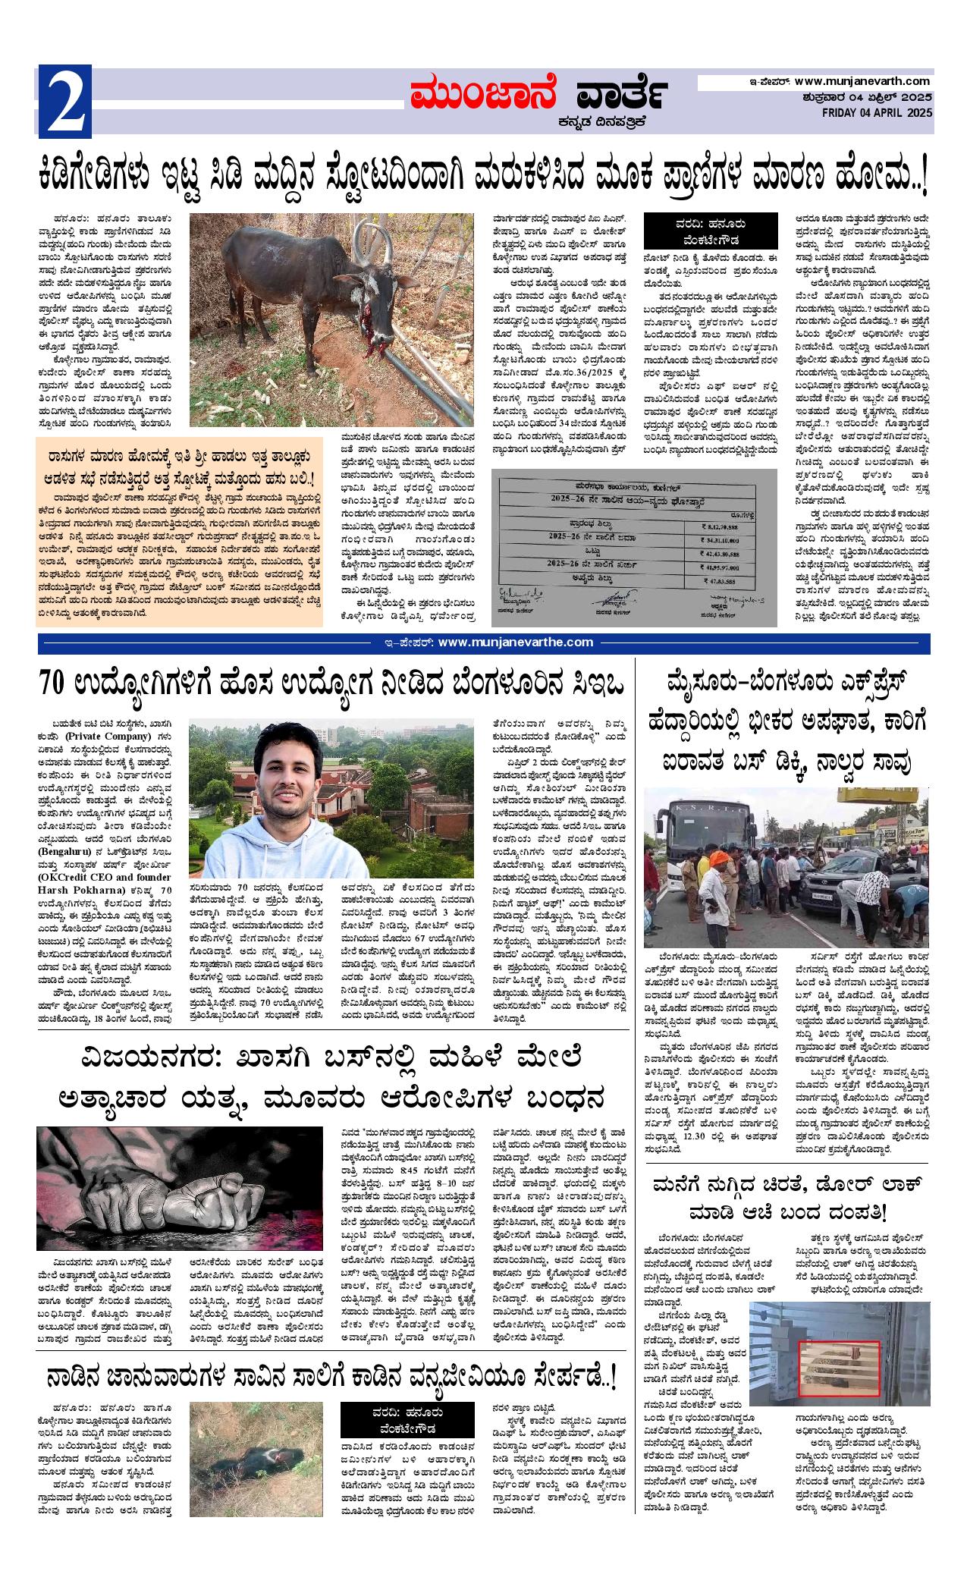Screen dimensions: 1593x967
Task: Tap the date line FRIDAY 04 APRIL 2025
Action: (878, 113)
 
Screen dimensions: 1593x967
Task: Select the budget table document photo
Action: (634, 548)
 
